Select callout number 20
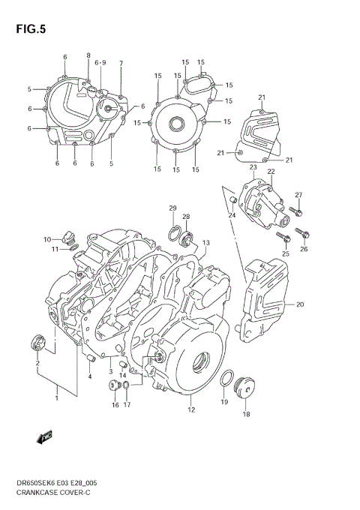[x=300, y=304]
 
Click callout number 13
[x=205, y=243]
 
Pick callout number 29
[x=172, y=208]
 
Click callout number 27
[x=298, y=196]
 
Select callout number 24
[x=232, y=215]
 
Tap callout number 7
[x=121, y=63]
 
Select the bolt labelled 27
[x=295, y=213]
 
